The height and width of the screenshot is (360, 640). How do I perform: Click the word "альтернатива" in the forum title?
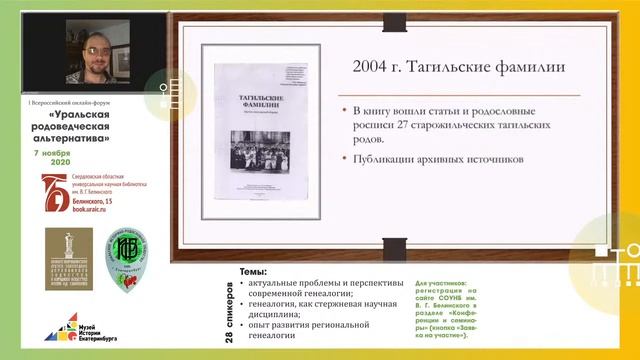(73, 140)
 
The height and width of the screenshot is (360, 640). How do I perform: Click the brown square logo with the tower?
(68, 259)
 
